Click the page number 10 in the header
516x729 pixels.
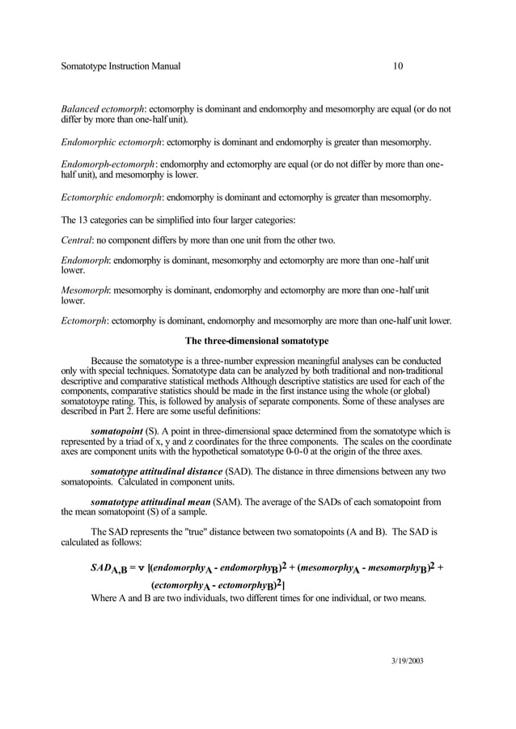[x=398, y=66]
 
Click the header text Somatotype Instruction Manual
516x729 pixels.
[x=121, y=66]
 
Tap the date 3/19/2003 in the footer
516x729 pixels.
[x=402, y=661]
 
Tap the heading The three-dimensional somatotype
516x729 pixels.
[x=257, y=340]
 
